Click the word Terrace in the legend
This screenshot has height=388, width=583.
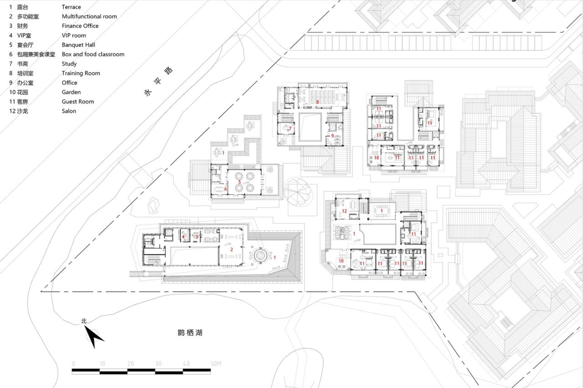72,7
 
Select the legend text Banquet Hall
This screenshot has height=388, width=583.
78,45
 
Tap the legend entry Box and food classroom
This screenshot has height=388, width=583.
93,54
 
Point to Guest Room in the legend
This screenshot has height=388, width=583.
78,102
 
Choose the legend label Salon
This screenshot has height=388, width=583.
69,111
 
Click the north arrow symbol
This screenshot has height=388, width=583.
95,337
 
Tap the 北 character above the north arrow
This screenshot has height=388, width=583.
84,321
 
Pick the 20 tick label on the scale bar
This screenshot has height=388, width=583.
131,363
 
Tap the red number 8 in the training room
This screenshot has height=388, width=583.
317,102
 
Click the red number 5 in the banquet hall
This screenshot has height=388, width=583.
239,182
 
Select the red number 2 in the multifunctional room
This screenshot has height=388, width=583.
231,249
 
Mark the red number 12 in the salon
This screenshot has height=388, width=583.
344,211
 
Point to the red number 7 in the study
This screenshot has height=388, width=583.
290,129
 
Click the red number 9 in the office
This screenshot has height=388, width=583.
332,135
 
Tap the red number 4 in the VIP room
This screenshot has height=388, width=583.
183,236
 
